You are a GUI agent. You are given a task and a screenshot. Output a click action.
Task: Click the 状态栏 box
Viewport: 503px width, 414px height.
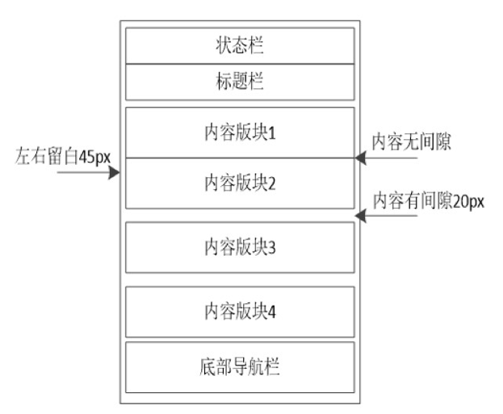[x=240, y=45]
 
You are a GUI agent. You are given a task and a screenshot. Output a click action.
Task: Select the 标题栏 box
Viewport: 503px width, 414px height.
[x=240, y=81]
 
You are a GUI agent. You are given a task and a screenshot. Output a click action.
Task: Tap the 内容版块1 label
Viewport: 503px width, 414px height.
[x=240, y=132]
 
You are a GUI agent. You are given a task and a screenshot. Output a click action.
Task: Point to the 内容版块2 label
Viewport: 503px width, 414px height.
[x=240, y=183]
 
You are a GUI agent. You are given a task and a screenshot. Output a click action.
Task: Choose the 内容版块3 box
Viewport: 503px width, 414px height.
[x=240, y=247]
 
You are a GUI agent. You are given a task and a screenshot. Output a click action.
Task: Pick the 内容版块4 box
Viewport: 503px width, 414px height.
[x=240, y=310]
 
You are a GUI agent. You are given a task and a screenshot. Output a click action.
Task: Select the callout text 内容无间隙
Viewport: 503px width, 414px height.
[x=410, y=140]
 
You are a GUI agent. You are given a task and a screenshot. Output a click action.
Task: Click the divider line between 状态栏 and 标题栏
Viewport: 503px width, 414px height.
[x=240, y=63]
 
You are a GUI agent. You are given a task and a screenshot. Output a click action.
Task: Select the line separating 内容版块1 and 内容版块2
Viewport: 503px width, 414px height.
[x=240, y=158]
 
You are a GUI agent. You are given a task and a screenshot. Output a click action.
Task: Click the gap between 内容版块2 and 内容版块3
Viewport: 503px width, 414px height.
[x=240, y=215]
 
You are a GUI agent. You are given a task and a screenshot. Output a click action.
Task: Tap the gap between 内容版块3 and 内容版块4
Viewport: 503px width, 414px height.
[x=240, y=279]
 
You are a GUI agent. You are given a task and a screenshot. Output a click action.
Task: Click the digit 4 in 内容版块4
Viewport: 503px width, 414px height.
[x=273, y=310]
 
